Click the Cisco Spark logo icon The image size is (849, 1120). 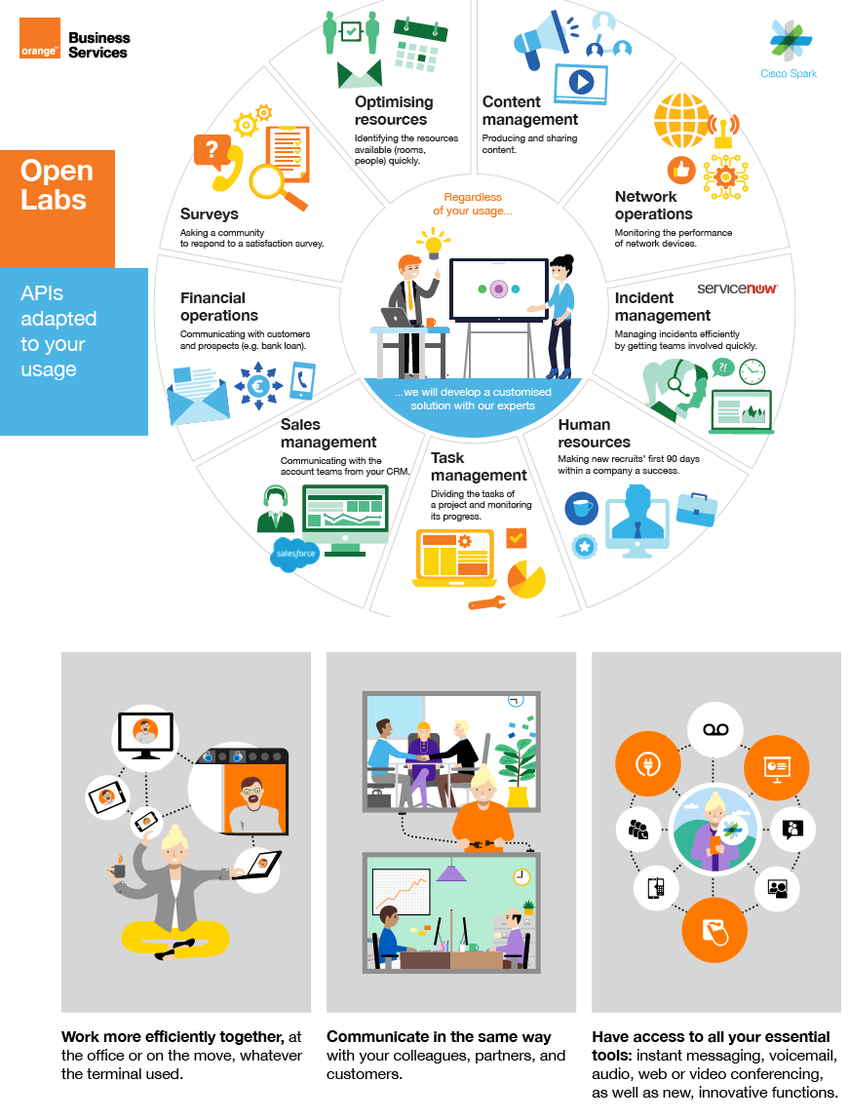pos(789,42)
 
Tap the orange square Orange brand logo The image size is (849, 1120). pos(40,39)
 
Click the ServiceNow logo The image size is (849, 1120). pos(738,290)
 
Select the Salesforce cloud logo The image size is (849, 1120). pos(295,554)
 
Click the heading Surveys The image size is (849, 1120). pos(209,214)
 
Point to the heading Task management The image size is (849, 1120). pos(478,467)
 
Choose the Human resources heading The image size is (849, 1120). pos(594,434)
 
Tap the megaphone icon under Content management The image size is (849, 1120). pos(539,41)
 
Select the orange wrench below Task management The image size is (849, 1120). pos(486,603)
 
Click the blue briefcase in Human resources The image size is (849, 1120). pos(697,509)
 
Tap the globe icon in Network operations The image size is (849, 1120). pos(681,120)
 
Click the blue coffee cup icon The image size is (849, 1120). pos(582,508)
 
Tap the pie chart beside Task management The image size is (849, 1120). pos(526,579)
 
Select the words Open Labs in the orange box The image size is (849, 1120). pos(57,185)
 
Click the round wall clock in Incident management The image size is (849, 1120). pos(752,371)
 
